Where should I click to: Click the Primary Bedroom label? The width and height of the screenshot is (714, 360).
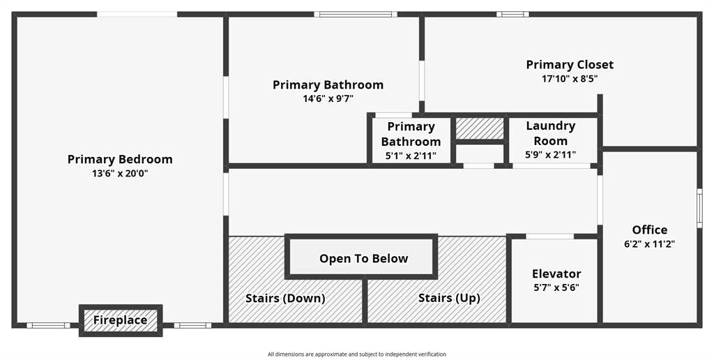[x=120, y=159]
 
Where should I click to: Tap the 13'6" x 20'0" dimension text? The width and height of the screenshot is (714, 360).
[x=120, y=173]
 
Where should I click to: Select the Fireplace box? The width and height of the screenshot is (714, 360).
[x=121, y=320]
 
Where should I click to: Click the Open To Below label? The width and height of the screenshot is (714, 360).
[x=363, y=258]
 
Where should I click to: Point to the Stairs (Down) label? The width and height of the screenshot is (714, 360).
[x=285, y=298]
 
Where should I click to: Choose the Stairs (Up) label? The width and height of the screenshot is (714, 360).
[x=449, y=298]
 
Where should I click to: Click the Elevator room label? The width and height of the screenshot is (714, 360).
[x=556, y=273]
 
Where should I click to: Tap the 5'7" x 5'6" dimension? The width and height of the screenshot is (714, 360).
[x=556, y=287]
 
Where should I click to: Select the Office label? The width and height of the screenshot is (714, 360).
[x=650, y=230]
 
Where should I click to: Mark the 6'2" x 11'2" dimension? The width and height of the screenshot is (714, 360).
[x=650, y=243]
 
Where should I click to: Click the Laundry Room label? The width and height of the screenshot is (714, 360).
[x=551, y=133]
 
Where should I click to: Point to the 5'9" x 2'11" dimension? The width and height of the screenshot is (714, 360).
[x=551, y=155]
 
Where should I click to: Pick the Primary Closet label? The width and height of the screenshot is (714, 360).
[x=570, y=64]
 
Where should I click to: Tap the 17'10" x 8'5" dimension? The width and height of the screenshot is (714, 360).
[x=570, y=78]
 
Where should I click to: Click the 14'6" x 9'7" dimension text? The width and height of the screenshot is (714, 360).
[x=328, y=98]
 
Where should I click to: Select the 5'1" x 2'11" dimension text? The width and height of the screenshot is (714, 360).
[x=411, y=155]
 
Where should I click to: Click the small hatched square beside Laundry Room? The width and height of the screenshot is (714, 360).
[x=480, y=128]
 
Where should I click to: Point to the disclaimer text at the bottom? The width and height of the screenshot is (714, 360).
[x=357, y=354]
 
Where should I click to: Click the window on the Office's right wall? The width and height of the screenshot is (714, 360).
[x=699, y=207]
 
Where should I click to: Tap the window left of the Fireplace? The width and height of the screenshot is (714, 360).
[x=48, y=325]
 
